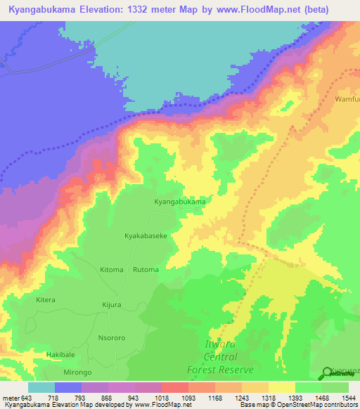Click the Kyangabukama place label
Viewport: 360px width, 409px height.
click(x=180, y=202)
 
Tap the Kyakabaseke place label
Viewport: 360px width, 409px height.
click(x=146, y=236)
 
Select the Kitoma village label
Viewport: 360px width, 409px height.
click(x=111, y=269)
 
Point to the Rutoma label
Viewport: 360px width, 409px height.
click(x=146, y=269)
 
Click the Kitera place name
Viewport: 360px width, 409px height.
click(x=46, y=299)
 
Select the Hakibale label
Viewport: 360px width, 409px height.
click(x=60, y=355)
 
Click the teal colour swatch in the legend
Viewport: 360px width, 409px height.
click(x=41, y=387)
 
